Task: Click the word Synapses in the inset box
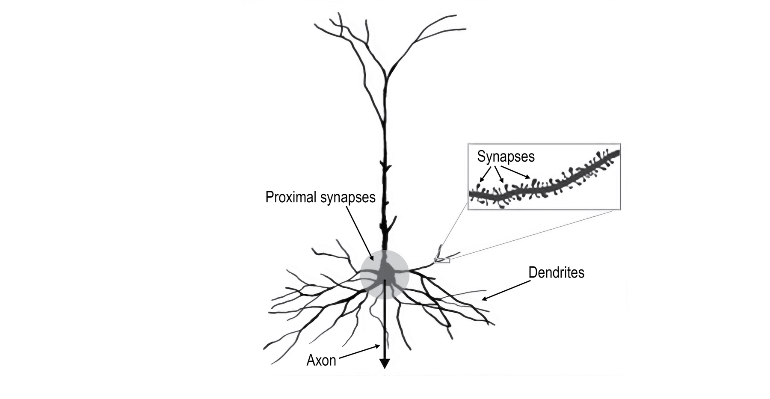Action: point(506,157)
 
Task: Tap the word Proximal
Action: point(291,197)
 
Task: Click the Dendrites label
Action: point(556,272)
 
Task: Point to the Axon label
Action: point(321,361)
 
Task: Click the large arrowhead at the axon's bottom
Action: point(385,364)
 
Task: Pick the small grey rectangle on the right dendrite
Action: point(442,260)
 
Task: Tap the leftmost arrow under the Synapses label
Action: point(485,174)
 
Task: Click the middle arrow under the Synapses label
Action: point(499,174)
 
